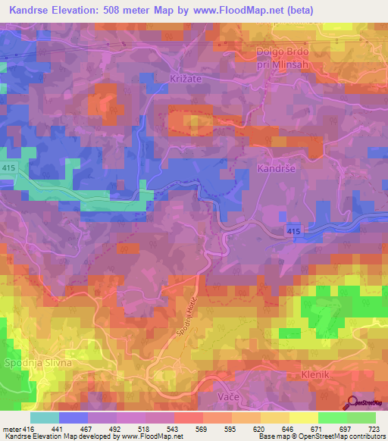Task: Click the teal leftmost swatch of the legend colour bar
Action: (45, 418)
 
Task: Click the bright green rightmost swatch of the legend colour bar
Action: (361, 418)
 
